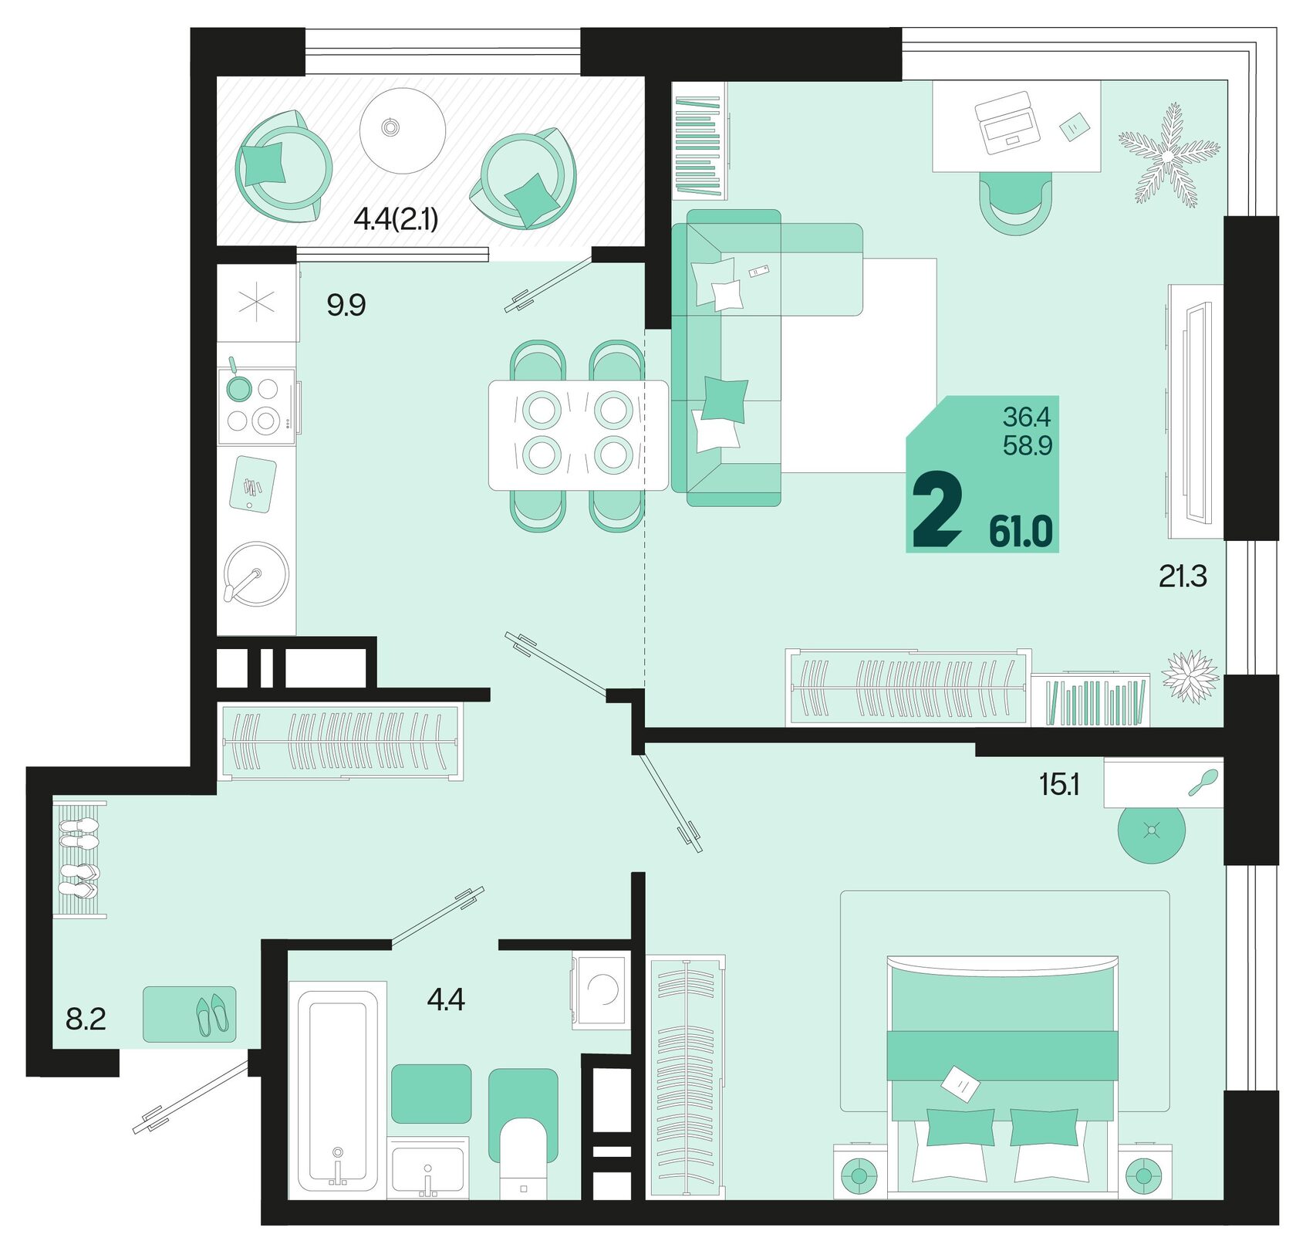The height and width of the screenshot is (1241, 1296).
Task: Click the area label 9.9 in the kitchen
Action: pyautogui.click(x=346, y=306)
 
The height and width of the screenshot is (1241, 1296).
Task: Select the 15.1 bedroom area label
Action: pyautogui.click(x=1059, y=784)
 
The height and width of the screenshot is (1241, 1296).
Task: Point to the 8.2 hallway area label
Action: pyautogui.click(x=85, y=1019)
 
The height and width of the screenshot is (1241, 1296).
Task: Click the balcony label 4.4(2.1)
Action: pyautogui.click(x=395, y=220)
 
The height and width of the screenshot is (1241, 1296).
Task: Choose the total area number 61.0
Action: pyautogui.click(x=1021, y=531)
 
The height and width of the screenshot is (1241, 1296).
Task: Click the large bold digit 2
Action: pyautogui.click(x=937, y=509)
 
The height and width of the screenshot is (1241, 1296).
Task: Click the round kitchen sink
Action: pyautogui.click(x=257, y=573)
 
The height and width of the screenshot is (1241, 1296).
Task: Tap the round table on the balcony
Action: pyautogui.click(x=403, y=130)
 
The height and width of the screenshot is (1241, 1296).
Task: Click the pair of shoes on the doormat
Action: pyautogui.click(x=212, y=1014)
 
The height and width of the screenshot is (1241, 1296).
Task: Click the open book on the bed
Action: pyautogui.click(x=960, y=1084)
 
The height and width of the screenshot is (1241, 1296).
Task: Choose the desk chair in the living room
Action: pyautogui.click(x=1015, y=204)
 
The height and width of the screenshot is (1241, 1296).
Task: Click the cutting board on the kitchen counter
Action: pyautogui.click(x=253, y=485)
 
